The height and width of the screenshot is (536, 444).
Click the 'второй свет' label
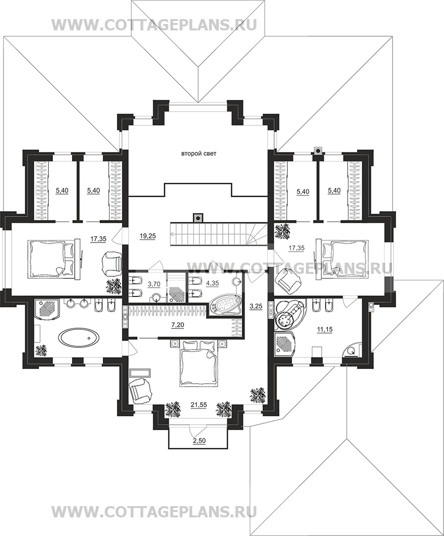pyautogui.click(x=198, y=154)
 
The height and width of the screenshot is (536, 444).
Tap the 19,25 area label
pyautogui.click(x=147, y=235)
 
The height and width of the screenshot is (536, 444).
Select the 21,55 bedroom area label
pyautogui.click(x=198, y=405)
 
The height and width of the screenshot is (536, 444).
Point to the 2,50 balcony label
pyautogui.click(x=199, y=440)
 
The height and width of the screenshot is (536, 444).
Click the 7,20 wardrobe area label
pyautogui.click(x=178, y=325)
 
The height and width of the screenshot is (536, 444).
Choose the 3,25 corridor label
pyautogui.click(x=256, y=306)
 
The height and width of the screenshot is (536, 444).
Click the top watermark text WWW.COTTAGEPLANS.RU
pyautogui.click(x=154, y=24)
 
